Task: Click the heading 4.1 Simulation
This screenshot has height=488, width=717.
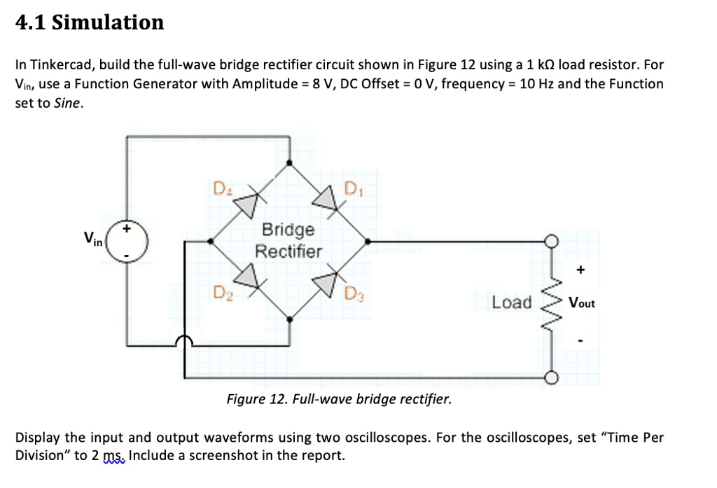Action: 90,22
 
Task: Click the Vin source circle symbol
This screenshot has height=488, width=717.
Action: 127,242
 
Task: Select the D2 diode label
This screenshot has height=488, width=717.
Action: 221,291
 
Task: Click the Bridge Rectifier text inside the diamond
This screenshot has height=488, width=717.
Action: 288,240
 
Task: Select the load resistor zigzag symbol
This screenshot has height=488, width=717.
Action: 550,303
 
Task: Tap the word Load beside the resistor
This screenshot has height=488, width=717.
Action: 511,302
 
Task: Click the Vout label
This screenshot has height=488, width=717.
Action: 582,303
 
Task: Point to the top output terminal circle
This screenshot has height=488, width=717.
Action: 551,241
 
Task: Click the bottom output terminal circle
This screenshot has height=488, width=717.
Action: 551,379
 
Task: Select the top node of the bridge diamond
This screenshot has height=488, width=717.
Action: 290,164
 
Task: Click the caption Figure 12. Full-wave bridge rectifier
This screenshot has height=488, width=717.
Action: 339,400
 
